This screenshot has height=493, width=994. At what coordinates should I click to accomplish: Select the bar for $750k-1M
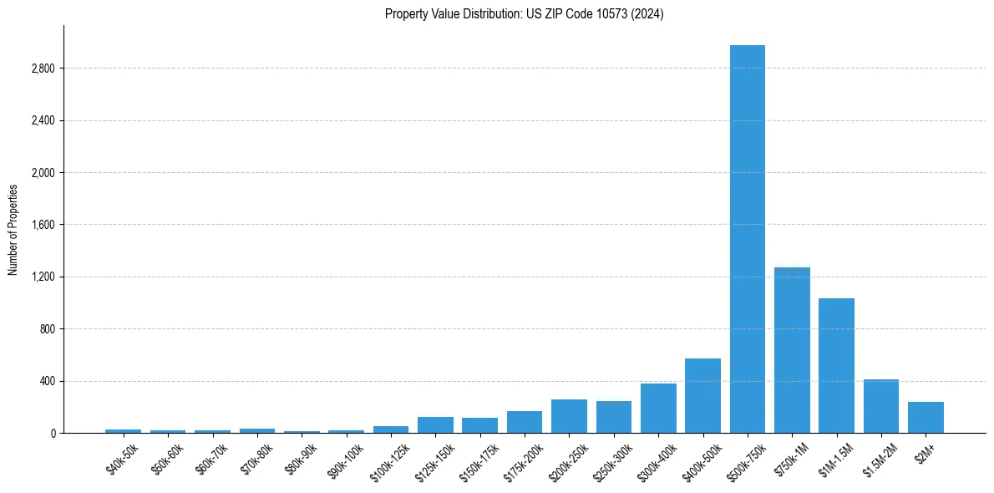pyautogui.click(x=792, y=350)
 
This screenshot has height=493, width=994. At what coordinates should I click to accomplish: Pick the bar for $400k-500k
pyautogui.click(x=702, y=396)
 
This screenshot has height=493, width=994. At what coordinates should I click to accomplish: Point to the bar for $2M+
pyautogui.click(x=926, y=418)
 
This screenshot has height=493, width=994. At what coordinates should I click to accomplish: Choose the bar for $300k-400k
pyautogui.click(x=658, y=409)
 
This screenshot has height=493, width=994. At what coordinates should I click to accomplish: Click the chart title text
pyautogui.click(x=524, y=14)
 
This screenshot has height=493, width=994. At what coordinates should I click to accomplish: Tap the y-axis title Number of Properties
pyautogui.click(x=13, y=229)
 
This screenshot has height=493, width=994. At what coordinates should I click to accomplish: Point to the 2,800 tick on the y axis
pyautogui.click(x=43, y=69)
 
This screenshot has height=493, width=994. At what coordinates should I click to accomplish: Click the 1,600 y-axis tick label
pyautogui.click(x=43, y=225)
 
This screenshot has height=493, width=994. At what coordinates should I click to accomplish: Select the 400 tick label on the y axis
pyautogui.click(x=47, y=381)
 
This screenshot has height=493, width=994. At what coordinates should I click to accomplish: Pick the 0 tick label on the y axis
pyautogui.click(x=52, y=434)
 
